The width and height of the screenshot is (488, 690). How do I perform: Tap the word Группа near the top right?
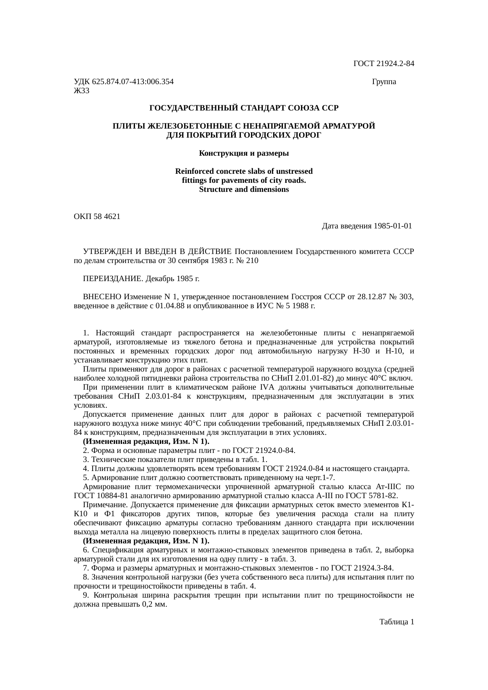coord(384,82)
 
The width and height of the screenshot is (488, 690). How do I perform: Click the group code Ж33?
coord(81,91)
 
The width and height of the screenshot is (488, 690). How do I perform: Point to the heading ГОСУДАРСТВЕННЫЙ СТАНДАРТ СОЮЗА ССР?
coord(244,108)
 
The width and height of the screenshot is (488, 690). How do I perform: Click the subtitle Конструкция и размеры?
coord(244,153)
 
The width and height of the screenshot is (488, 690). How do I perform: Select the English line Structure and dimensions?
coord(244,190)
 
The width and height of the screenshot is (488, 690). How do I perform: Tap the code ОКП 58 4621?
coord(97,217)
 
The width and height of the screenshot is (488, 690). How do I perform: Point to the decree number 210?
coord(253,261)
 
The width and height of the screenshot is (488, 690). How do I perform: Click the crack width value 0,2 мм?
coord(155,604)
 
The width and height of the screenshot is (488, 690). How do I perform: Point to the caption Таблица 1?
coord(396,622)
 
